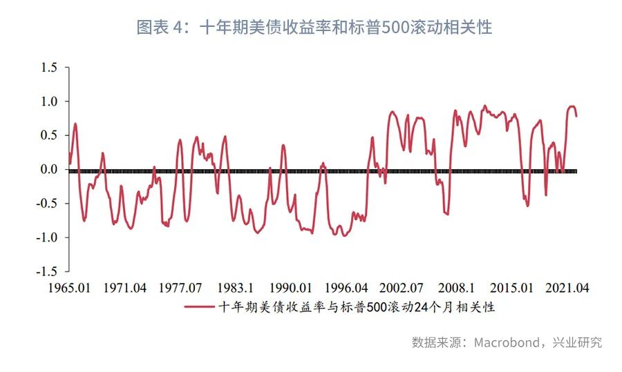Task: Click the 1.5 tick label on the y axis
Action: point(50,68)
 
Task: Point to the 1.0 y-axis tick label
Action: point(50,101)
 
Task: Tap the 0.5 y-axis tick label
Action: point(50,135)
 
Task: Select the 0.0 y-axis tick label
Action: point(50,169)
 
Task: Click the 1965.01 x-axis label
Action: point(68,287)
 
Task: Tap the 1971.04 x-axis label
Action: point(124,287)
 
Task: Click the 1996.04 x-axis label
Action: point(347,287)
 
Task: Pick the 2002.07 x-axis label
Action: point(403,287)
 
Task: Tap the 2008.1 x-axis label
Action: point(458,287)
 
